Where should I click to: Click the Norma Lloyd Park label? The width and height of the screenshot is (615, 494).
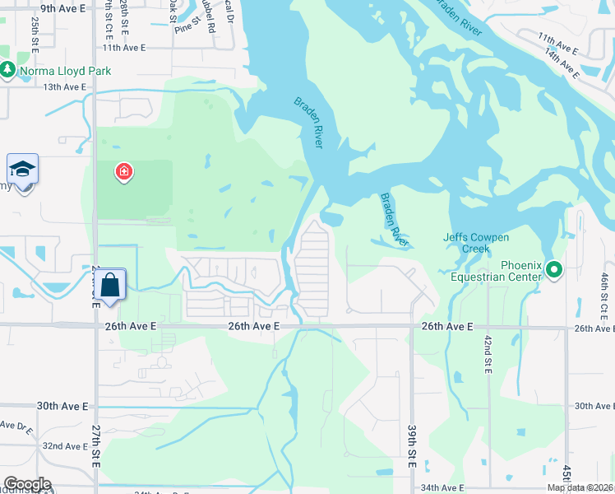pos(65,71)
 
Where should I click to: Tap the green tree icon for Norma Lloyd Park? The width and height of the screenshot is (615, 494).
pos(7,71)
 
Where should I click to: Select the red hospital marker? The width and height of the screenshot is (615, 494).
pos(124,172)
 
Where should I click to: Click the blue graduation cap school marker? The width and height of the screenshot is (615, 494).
pos(23,170)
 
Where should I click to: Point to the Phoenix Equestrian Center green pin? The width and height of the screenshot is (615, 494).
pos(554,268)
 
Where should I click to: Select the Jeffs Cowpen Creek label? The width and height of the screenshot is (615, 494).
pos(476,243)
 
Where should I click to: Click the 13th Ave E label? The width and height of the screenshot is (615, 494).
pos(65,86)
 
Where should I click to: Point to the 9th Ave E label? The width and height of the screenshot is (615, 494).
pos(63,8)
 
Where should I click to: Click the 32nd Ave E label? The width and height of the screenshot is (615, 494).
pos(65,446)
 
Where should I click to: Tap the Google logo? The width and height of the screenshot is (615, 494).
pos(26,484)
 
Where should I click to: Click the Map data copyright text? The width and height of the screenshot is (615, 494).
pos(580,487)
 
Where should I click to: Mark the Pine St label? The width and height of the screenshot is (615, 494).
pos(182,28)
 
